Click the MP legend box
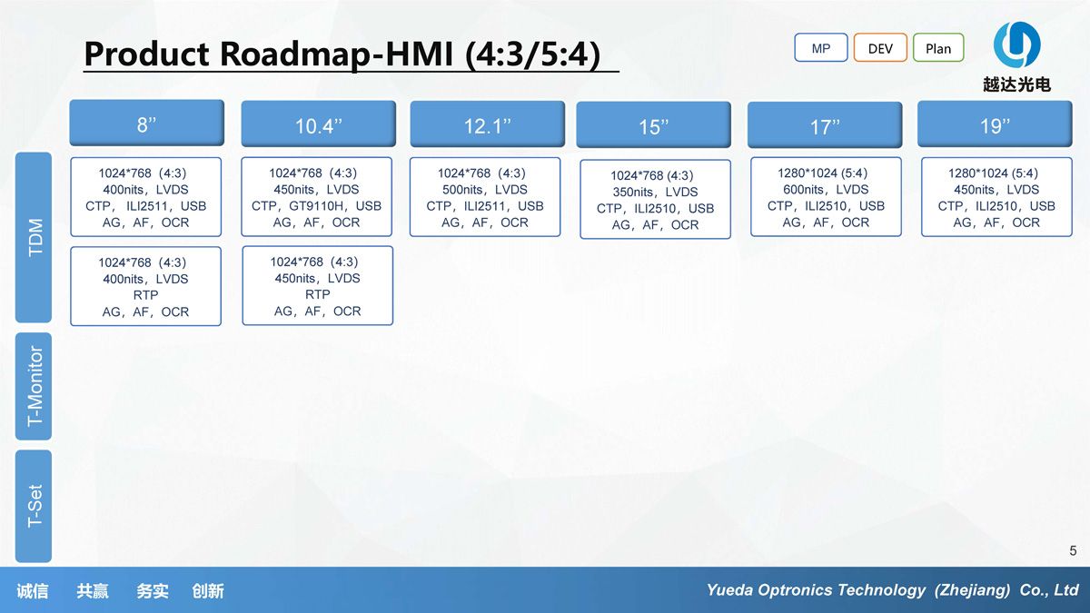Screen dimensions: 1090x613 [821, 47]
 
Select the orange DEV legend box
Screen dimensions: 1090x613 [880, 47]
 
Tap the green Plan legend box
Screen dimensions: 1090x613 [938, 47]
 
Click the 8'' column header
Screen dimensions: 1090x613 [147, 124]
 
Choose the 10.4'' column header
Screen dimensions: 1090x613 [319, 124]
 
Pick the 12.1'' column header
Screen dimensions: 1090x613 [488, 124]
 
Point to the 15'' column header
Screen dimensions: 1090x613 [653, 125]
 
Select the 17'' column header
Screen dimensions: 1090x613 [825, 125]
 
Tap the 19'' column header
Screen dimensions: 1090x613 [995, 124]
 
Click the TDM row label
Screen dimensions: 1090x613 [34, 237]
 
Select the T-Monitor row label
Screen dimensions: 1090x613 [34, 386]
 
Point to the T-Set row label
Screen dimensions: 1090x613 [34, 506]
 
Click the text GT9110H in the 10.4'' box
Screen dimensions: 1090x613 [317, 206]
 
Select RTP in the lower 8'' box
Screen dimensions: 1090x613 [145, 295]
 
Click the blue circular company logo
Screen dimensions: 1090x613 [1016, 44]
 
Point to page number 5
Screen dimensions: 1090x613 [1073, 550]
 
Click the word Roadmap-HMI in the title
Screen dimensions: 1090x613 [337, 54]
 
